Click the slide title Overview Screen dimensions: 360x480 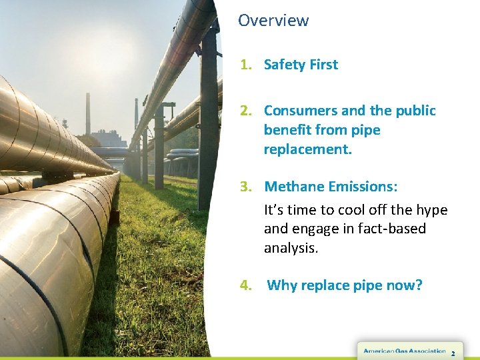[x=273, y=21]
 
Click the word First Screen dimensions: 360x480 [x=323, y=65]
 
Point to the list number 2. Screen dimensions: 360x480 [x=245, y=111]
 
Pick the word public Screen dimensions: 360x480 [x=415, y=111]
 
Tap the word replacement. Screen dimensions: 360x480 [x=307, y=149]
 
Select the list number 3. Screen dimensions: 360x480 [x=245, y=187]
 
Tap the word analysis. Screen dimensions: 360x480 [x=291, y=249]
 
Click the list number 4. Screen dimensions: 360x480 [x=246, y=286]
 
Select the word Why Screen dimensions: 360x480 [x=281, y=286]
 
